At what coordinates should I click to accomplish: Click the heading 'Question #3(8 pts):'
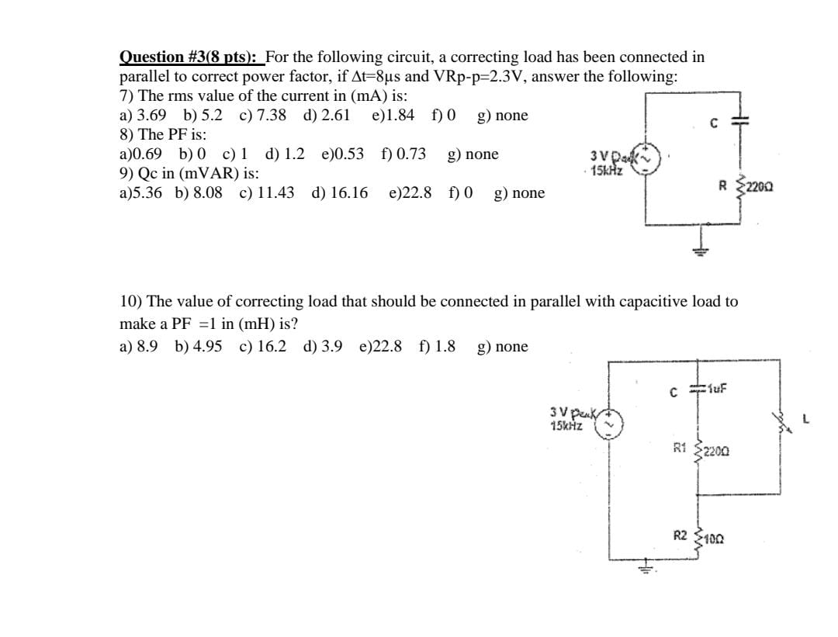point(190,57)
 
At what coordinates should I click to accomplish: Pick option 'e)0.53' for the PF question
point(342,154)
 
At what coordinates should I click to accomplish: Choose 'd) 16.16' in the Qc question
point(340,193)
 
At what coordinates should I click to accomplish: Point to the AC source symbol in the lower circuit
point(609,422)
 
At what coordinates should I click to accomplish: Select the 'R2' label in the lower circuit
point(680,535)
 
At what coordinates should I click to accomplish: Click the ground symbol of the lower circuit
point(646,569)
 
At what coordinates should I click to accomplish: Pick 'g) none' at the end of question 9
point(519,193)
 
